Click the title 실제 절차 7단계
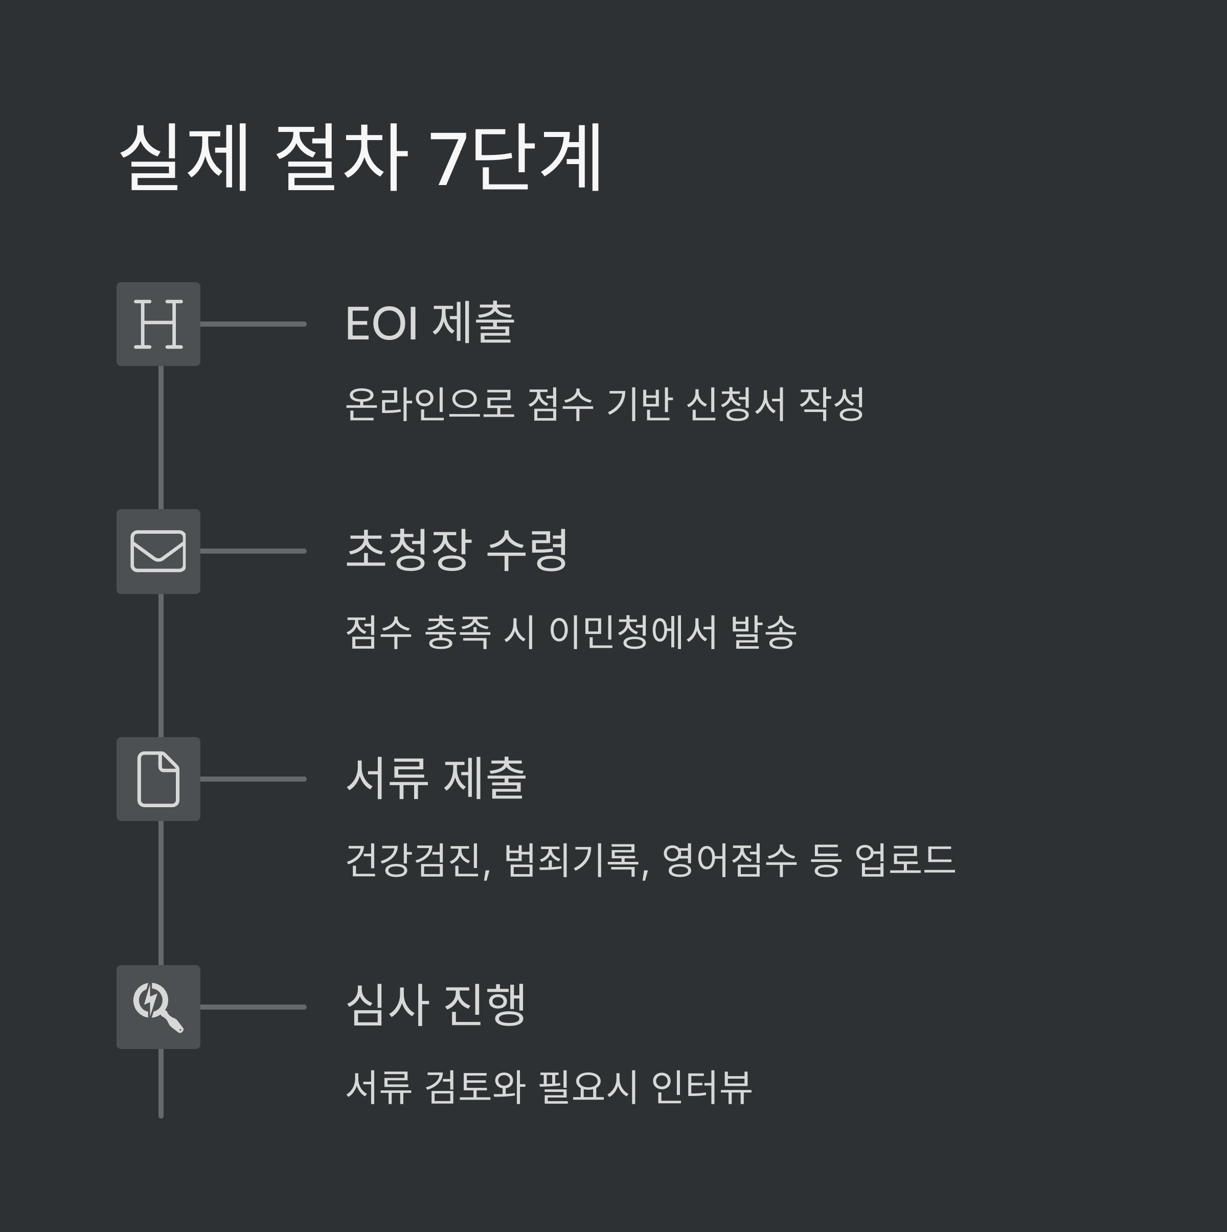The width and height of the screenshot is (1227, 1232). point(360,157)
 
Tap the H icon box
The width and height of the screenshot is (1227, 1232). point(158,324)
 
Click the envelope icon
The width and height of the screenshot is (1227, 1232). point(158,551)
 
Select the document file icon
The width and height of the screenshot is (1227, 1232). point(158,779)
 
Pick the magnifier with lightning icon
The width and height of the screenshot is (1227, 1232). point(158,1007)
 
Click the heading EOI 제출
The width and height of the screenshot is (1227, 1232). point(429,323)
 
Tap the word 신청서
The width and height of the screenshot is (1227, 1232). point(735,404)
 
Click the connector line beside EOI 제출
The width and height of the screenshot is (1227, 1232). point(253,324)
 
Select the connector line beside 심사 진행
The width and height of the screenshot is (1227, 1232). point(253,1007)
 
